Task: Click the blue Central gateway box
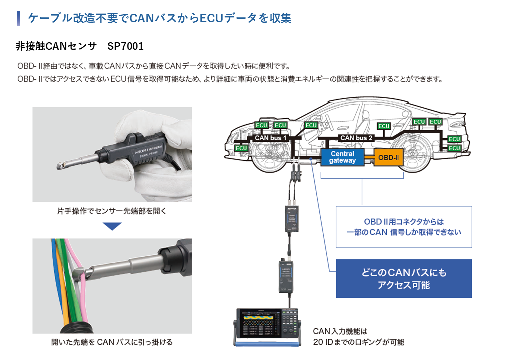tap(342, 157)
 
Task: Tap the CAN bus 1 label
tap(271, 138)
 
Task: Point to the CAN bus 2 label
tap(356, 138)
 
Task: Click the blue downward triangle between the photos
tap(112, 226)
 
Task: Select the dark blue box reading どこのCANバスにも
tap(404, 279)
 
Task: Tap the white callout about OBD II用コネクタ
tap(404, 227)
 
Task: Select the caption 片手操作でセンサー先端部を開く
tap(112, 211)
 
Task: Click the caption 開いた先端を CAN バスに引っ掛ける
tap(112, 342)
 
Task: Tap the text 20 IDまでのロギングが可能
tap(358, 342)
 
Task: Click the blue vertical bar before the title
tap(18, 18)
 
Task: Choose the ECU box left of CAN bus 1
tap(241, 148)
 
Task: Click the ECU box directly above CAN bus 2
tap(384, 126)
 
